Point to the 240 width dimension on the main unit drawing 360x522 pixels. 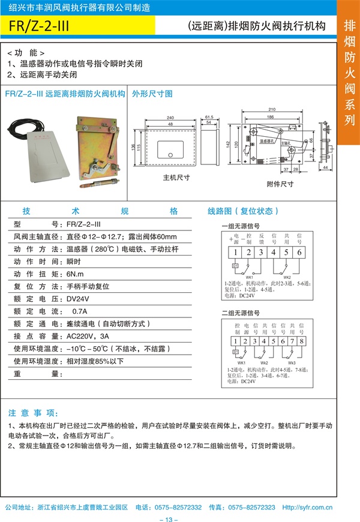pos(170,118)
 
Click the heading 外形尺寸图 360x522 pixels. pos(152,94)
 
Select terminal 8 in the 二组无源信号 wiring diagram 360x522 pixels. pos(302,341)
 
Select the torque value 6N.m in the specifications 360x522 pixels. pos(76,274)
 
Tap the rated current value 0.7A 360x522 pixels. pos(79,311)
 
